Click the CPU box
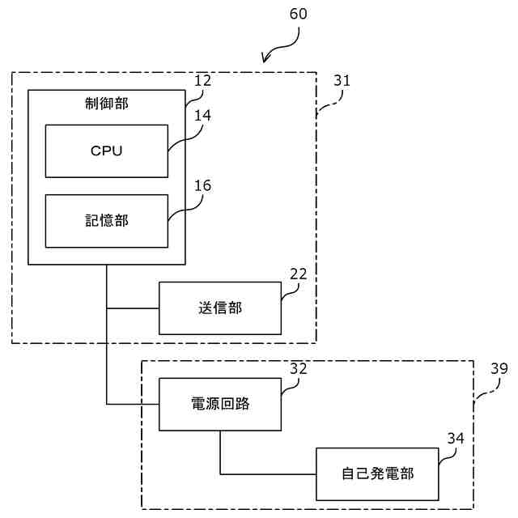click(106, 151)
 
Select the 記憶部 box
click(106, 221)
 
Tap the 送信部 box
click(219, 308)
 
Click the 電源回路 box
click(219, 404)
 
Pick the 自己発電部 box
click(377, 473)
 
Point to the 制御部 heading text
click(106, 103)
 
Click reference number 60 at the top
click(298, 15)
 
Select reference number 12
click(202, 80)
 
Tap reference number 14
click(202, 115)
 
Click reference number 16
click(202, 185)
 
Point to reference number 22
click(298, 274)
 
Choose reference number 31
click(342, 80)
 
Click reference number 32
click(298, 368)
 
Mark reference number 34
click(456, 438)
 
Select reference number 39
click(499, 368)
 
